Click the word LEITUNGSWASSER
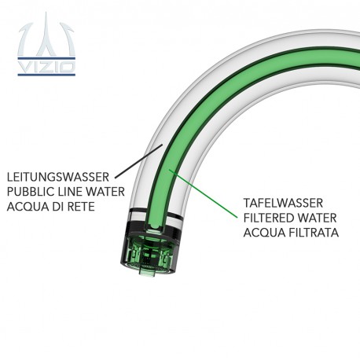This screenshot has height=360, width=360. pyautogui.click(x=58, y=177)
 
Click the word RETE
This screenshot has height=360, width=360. pyautogui.click(x=81, y=207)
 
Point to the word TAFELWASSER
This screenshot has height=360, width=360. pyautogui.click(x=283, y=203)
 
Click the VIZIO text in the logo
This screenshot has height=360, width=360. pyautogui.click(x=46, y=67)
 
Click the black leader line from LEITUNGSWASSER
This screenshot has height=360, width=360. pyautogui.click(x=139, y=161)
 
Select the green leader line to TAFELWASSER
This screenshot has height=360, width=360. pyautogui.click(x=203, y=193)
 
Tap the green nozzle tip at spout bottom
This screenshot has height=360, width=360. pyautogui.click(x=148, y=272)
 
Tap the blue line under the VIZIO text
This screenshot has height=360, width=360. pyautogui.click(x=46, y=75)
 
